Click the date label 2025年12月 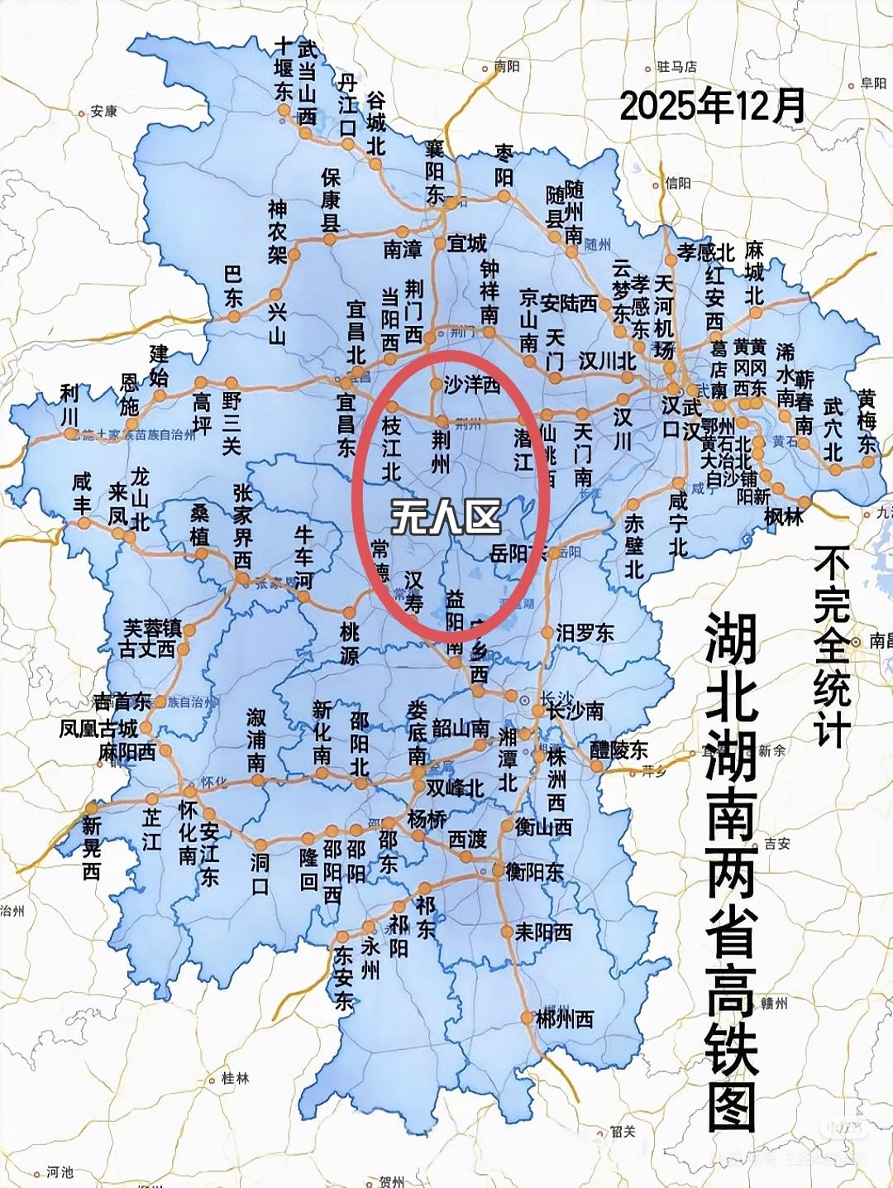[x=712, y=107]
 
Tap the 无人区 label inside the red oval [x=446, y=518]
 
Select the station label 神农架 [x=277, y=231]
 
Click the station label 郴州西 [x=566, y=1018]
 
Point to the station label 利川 [x=69, y=405]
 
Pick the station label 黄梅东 [x=866, y=420]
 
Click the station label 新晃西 [x=91, y=848]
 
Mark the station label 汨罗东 [x=585, y=633]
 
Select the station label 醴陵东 [x=619, y=750]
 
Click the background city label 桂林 [x=235, y=1079]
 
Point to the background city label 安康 [x=103, y=111]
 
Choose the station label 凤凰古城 [x=98, y=729]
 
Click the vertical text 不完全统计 [x=832, y=645]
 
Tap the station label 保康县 [x=331, y=199]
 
